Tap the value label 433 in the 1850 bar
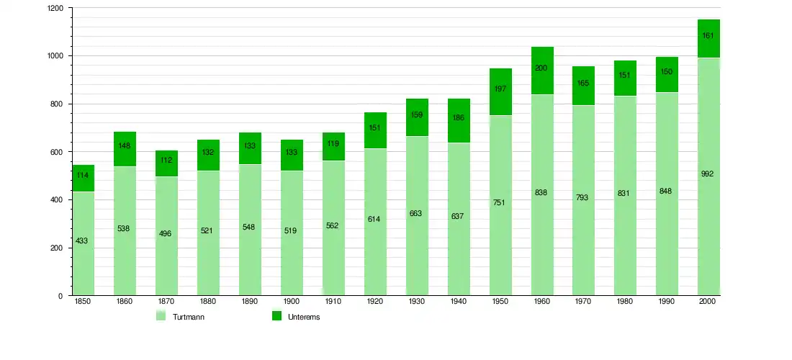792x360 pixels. pos(81,240)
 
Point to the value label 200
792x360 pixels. pos(542,68)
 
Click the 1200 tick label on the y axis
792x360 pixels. pos(55,8)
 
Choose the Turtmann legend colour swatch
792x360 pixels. pos(161,316)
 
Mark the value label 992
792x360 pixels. pos(707,174)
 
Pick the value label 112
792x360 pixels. pos(165,161)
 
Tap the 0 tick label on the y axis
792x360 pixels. pos(60,296)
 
